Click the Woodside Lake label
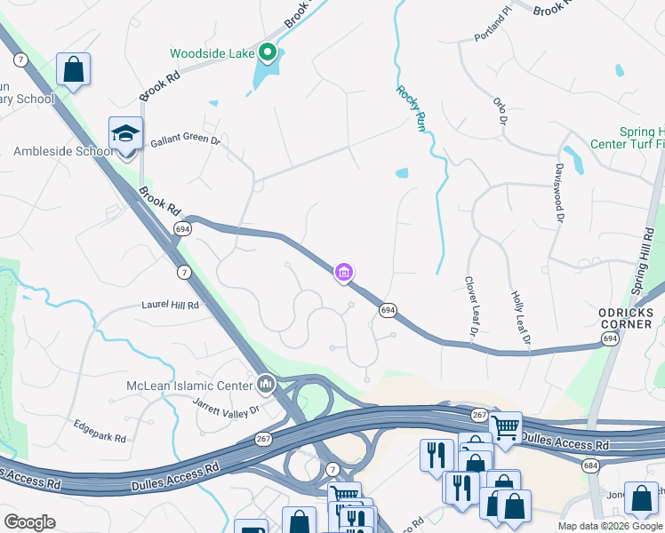pyautogui.click(x=212, y=52)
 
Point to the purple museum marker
pyautogui.click(x=344, y=272)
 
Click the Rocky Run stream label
pyautogui.click(x=410, y=109)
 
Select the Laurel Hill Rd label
pyautogui.click(x=170, y=304)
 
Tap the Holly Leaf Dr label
pyautogui.click(x=520, y=317)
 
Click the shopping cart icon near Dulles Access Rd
pyautogui.click(x=505, y=427)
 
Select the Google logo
pyautogui.click(x=29, y=522)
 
